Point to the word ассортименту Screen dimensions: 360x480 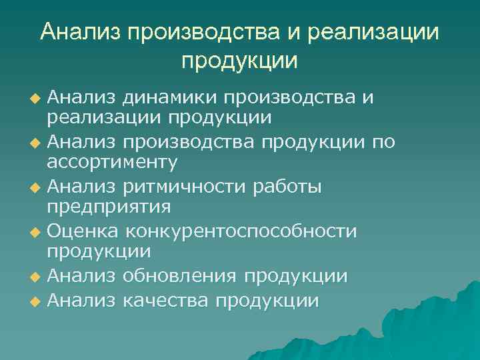coord(112,162)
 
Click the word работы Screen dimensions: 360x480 coord(287,186)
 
